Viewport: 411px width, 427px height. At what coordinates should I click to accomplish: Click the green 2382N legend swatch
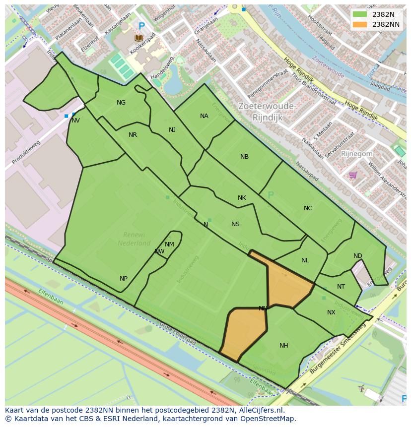360,14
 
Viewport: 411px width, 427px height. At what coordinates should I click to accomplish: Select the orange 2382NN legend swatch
360,24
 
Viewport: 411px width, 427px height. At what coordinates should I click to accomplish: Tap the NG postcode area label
121,103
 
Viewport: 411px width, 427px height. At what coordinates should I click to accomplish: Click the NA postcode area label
204,116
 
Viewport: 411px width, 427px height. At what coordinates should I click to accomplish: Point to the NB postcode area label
244,157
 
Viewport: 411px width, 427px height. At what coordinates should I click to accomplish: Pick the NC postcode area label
308,208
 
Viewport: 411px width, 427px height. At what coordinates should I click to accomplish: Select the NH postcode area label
283,346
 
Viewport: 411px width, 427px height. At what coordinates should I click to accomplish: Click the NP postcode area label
124,279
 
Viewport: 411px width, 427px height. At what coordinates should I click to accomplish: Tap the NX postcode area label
331,312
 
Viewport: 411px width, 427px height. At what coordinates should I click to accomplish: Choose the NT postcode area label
341,287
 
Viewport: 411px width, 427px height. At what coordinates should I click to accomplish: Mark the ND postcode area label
358,256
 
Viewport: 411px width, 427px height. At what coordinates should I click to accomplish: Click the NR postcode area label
133,135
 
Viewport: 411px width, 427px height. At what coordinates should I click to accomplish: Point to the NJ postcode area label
172,130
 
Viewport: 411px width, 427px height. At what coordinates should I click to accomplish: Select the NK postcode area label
242,198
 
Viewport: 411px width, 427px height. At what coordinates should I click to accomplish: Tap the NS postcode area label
235,224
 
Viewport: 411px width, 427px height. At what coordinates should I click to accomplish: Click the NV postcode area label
75,121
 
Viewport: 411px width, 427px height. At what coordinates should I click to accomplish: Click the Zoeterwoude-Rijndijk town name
267,112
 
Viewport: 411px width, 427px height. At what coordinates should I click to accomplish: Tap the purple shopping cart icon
353,175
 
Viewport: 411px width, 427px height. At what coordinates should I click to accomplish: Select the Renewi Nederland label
134,239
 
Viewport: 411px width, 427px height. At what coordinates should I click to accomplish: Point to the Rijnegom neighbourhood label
356,154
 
